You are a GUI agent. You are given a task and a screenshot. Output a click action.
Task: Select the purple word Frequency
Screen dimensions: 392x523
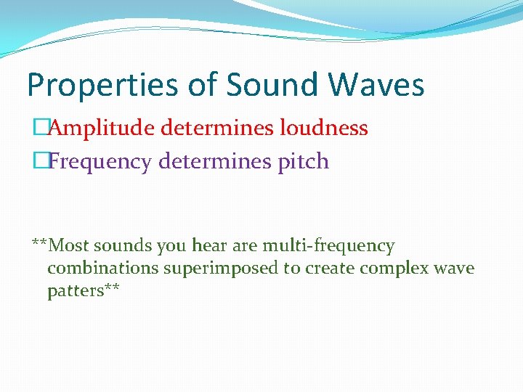click(101, 161)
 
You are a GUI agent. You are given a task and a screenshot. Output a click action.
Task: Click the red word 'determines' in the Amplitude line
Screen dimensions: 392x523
click(208, 128)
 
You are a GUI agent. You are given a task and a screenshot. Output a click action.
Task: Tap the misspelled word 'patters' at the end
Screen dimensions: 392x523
click(77, 291)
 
